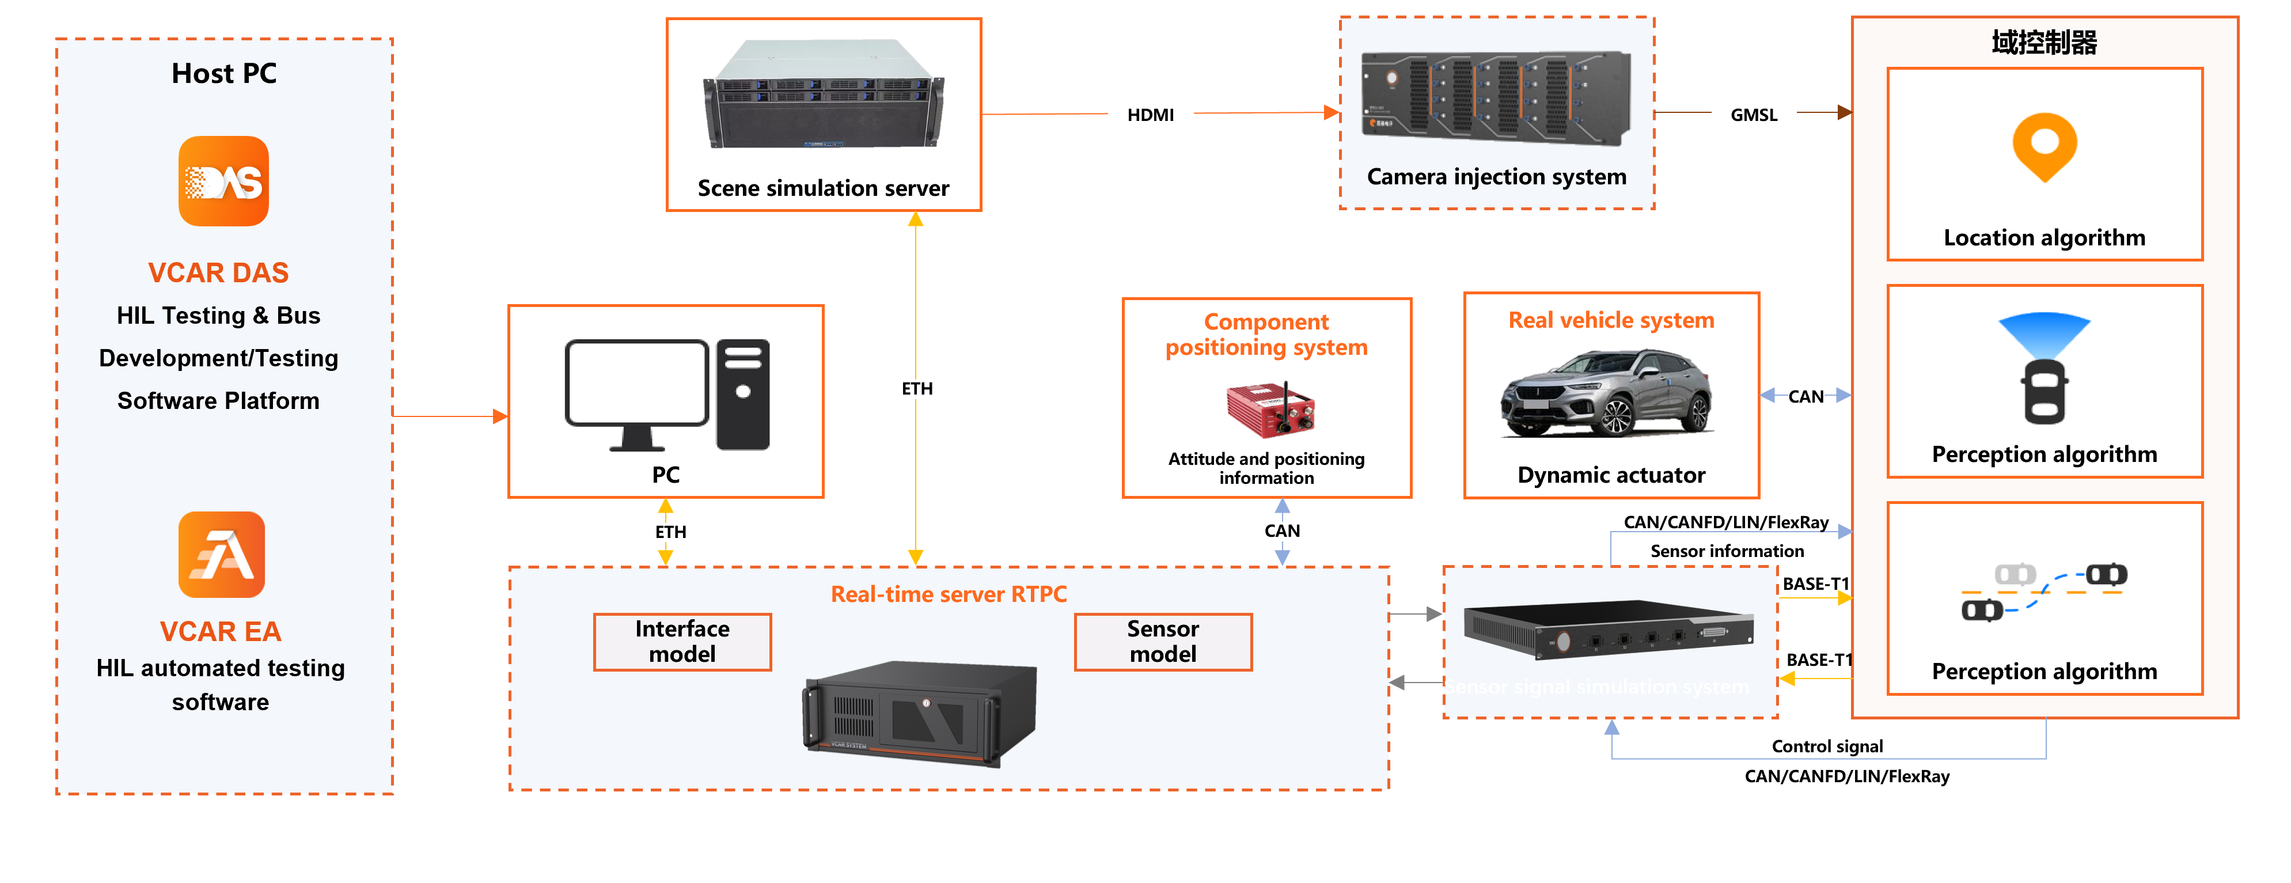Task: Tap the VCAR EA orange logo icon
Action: point(222,554)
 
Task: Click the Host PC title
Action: point(224,73)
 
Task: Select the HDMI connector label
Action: point(1150,115)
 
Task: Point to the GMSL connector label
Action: point(1753,115)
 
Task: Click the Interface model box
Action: point(682,641)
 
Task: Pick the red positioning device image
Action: point(1270,410)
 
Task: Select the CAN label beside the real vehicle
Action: point(1806,397)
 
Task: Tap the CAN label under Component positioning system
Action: point(1281,531)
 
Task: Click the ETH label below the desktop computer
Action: point(670,532)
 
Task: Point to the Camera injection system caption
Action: point(1496,177)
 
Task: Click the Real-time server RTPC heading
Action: point(948,594)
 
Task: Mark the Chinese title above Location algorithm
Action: point(2044,42)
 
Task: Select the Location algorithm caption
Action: point(2044,237)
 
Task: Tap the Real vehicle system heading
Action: point(1611,320)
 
